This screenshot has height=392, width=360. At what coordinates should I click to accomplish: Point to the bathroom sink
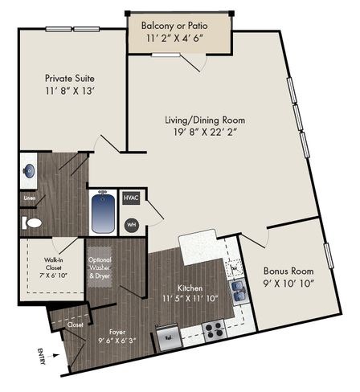point(28,170)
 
